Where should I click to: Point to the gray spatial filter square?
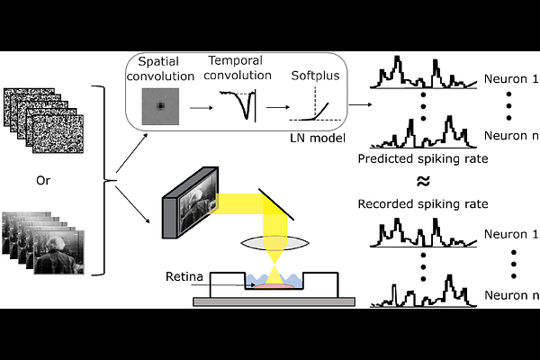point(160,106)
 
